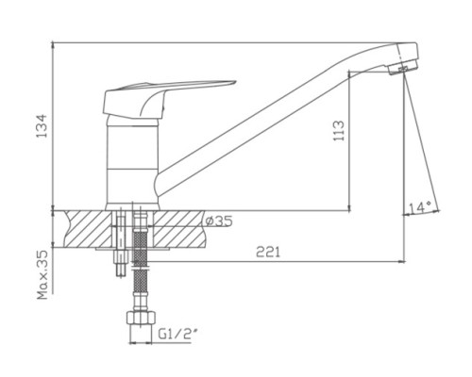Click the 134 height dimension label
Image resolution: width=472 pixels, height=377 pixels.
coord(42,125)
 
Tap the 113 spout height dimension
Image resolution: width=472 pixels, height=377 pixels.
coord(339,131)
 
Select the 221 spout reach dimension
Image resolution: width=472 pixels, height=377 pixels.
coord(268,252)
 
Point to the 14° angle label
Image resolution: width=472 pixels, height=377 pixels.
coord(420,207)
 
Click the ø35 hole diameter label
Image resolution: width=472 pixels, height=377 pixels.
coord(219,221)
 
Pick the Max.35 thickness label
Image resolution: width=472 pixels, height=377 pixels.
coord(42,274)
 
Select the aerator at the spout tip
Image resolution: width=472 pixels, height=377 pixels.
coord(403,68)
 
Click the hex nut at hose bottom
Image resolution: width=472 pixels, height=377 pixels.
coord(141,318)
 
